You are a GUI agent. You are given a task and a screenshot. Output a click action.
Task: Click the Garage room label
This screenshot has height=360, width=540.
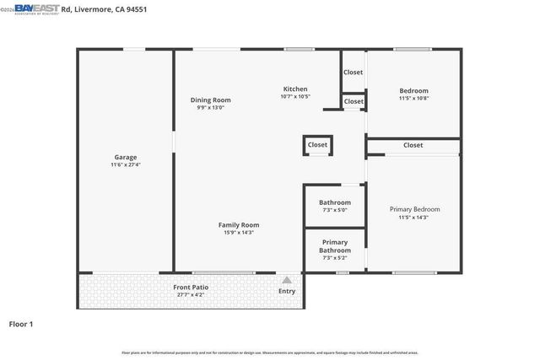pyautogui.click(x=126, y=157)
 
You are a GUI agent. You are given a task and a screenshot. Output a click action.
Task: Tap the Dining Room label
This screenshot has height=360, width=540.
pyautogui.click(x=210, y=100)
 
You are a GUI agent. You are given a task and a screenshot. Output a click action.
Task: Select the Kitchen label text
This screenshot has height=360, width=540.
pyautogui.click(x=294, y=89)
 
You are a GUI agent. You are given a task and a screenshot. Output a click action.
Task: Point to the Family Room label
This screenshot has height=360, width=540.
pyautogui.click(x=239, y=225)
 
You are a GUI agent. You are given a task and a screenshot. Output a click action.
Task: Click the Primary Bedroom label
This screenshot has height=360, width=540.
pyautogui.click(x=413, y=209)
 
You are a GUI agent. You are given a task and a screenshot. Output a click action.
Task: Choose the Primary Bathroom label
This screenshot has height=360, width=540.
pyautogui.click(x=334, y=246)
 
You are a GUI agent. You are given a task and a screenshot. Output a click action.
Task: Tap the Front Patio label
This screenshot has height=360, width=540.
pyautogui.click(x=191, y=287)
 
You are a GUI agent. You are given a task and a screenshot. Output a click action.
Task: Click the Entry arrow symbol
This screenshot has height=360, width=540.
pyautogui.click(x=287, y=281)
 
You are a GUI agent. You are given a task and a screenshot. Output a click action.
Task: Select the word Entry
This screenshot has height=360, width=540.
pyautogui.click(x=287, y=292)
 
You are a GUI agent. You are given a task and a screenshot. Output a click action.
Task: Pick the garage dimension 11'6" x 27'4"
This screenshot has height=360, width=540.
pyautogui.click(x=126, y=165)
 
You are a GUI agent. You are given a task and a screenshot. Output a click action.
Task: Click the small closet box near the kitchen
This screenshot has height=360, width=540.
pyautogui.click(x=317, y=145)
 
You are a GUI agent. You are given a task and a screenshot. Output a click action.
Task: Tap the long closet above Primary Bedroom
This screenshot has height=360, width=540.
pyautogui.click(x=413, y=145)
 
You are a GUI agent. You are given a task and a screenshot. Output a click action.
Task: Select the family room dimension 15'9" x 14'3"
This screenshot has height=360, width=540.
pyautogui.click(x=239, y=233)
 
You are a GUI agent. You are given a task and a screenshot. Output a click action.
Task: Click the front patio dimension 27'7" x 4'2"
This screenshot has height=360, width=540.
pyautogui.click(x=191, y=295)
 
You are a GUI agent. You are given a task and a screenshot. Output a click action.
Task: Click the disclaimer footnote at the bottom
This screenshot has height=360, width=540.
pyautogui.click(x=270, y=352)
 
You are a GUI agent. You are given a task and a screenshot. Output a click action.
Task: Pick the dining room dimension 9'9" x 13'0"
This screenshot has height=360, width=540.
pyautogui.click(x=210, y=108)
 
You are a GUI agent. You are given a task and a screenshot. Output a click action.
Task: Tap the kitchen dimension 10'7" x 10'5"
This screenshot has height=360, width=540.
pyautogui.click(x=294, y=96)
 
